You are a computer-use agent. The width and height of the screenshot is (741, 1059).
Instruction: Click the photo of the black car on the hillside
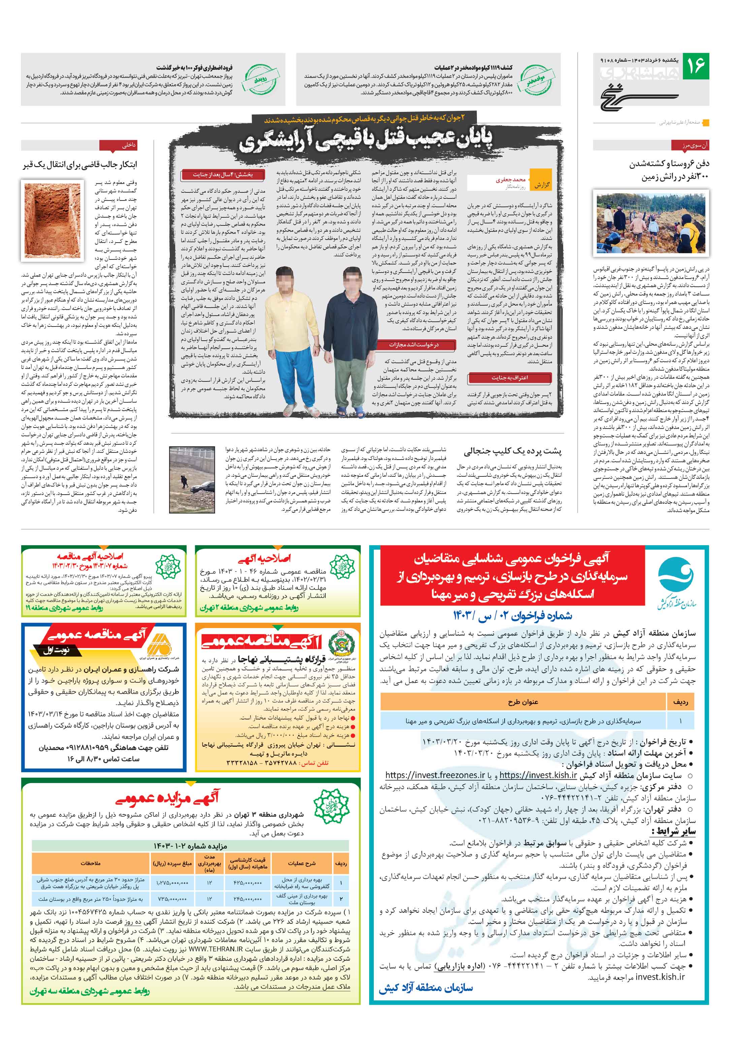point(192,479)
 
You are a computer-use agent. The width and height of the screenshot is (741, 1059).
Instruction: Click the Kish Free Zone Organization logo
point(676,582)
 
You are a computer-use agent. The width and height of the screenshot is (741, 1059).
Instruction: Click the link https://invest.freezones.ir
point(435,775)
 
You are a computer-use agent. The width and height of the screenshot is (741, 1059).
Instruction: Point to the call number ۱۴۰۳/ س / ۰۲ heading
point(512,615)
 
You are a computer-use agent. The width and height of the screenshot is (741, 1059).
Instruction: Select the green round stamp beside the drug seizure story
point(536,79)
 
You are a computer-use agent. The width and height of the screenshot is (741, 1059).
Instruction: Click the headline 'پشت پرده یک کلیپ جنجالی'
point(512,450)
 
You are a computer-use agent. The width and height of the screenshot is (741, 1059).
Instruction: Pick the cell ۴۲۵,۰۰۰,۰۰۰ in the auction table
point(247,883)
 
